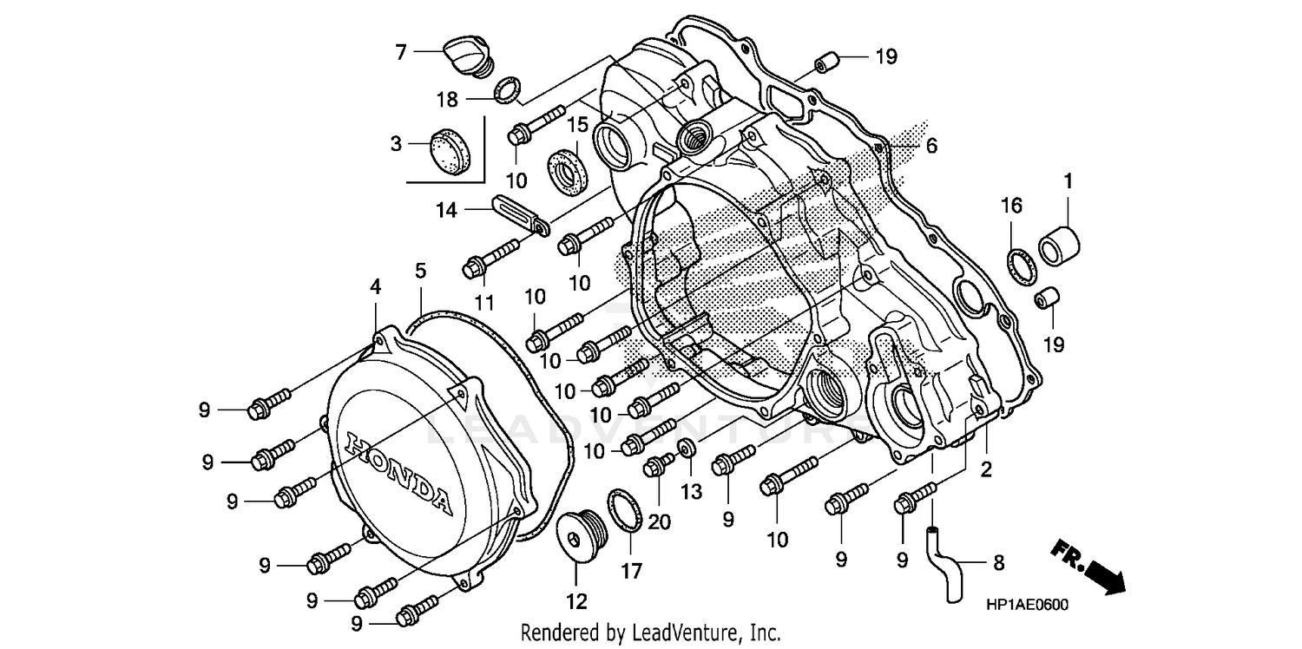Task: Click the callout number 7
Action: point(400,52)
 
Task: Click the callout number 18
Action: point(447,100)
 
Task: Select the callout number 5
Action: point(420,272)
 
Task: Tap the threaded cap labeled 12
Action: point(577,535)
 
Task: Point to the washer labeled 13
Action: point(686,448)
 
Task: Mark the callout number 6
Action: point(931,147)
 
